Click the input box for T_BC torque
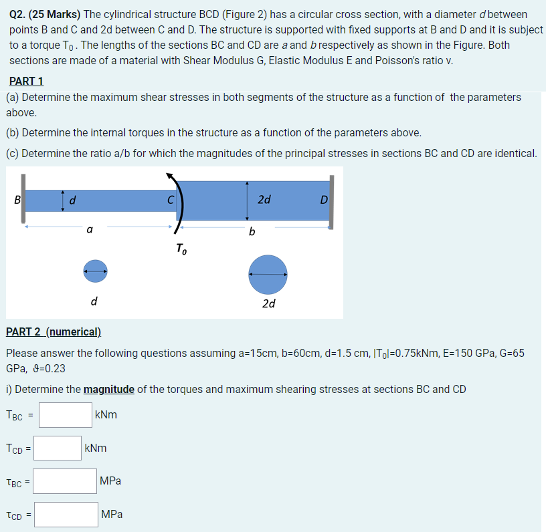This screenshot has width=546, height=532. (65, 414)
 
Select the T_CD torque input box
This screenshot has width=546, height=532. (58, 448)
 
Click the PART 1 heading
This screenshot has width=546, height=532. (26, 81)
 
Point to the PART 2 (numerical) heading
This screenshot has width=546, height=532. (54, 331)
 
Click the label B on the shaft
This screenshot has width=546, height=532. (17, 199)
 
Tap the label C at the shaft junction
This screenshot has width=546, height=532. (171, 199)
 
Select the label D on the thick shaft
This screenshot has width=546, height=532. (323, 199)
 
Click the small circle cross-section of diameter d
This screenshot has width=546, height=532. (95, 271)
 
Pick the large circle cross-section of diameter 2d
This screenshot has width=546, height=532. (268, 275)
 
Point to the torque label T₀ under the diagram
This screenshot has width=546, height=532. (181, 249)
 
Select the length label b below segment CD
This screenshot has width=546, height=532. (252, 232)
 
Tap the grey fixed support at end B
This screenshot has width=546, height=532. (23, 200)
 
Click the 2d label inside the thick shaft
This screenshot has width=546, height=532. (264, 199)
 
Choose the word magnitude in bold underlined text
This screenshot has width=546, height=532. (109, 389)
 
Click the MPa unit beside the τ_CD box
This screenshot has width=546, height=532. (112, 515)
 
